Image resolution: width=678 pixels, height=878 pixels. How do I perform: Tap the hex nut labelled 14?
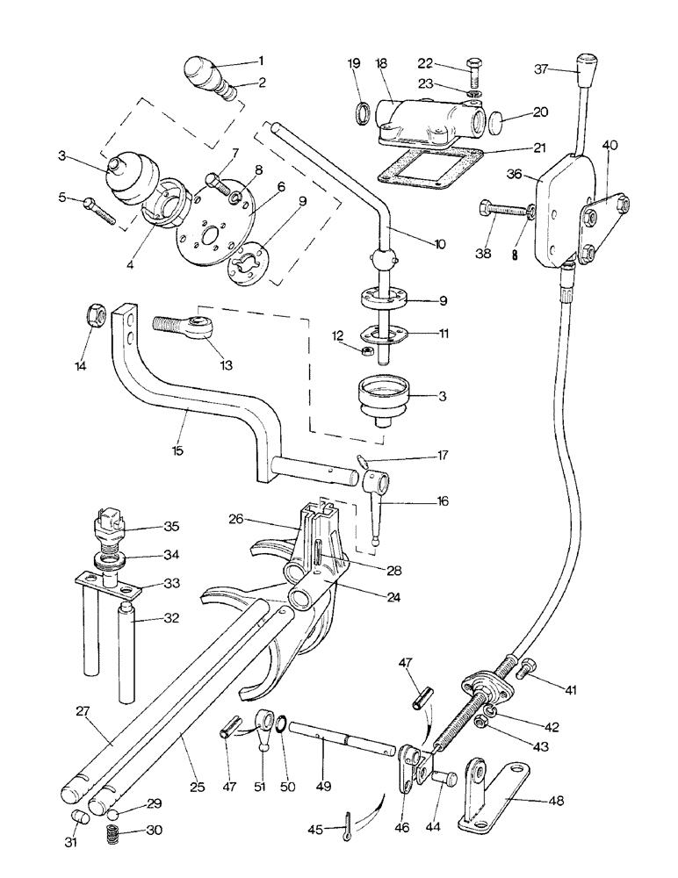[x=95, y=313]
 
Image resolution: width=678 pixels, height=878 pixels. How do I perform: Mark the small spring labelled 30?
[x=113, y=830]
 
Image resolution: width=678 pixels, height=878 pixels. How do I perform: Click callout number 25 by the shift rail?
[x=198, y=788]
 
